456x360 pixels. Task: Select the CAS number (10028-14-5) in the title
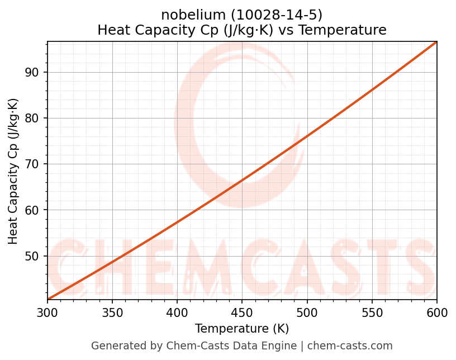[x=273, y=15]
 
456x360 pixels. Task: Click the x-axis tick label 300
[x=47, y=312]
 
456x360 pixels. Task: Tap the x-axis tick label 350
[x=112, y=312]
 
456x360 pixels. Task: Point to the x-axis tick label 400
[x=177, y=312]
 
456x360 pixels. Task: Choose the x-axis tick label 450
[x=242, y=312]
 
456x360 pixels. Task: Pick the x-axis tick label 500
[x=307, y=312]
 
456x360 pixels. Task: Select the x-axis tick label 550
[x=372, y=312]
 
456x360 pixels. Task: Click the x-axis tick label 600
[x=436, y=312]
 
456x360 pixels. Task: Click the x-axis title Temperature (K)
[x=242, y=329]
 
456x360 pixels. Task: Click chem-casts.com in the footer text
[x=350, y=346]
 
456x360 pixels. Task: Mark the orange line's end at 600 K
[x=436, y=42]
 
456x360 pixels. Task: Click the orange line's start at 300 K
[x=48, y=299]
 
